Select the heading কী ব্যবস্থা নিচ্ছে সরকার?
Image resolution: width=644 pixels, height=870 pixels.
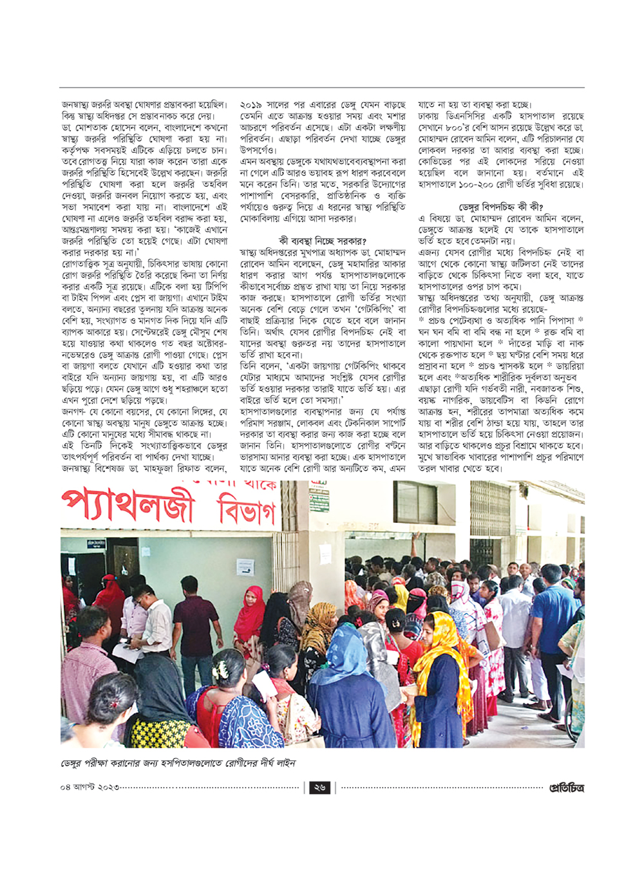click(x=323, y=241)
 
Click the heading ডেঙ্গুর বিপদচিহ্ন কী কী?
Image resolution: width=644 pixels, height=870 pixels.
click(x=501, y=207)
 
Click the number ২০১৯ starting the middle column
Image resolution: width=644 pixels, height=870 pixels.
click(x=252, y=104)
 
